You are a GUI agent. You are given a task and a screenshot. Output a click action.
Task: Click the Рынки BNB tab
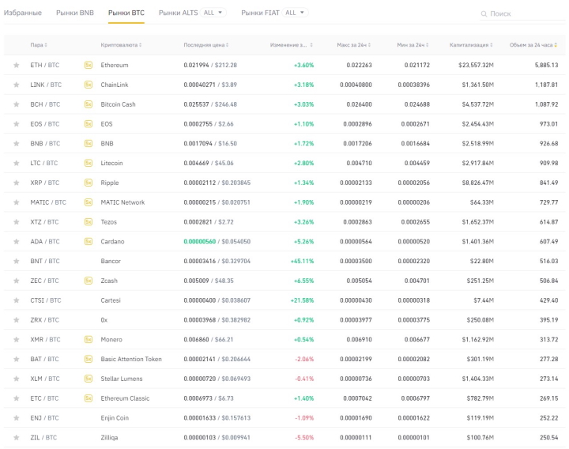click(75, 13)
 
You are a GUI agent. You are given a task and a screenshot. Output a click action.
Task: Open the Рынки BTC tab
click(126, 13)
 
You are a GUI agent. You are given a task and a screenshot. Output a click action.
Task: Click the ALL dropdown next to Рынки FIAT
click(296, 13)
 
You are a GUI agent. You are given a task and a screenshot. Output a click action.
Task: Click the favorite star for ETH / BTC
click(16, 65)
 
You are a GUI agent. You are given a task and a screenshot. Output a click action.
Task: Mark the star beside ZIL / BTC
click(16, 437)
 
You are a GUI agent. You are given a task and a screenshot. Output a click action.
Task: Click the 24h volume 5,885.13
click(545, 65)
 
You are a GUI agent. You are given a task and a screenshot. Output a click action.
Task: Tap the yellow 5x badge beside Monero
click(88, 339)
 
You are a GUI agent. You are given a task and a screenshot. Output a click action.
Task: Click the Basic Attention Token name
click(131, 359)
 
